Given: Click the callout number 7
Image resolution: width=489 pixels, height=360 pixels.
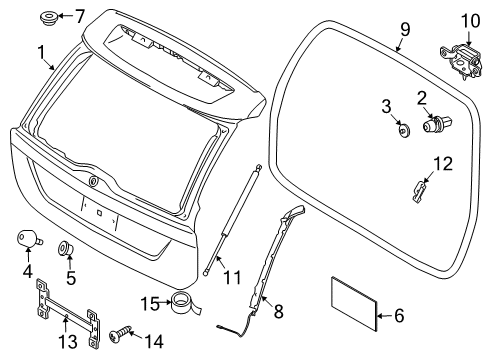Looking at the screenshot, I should pos(81,15).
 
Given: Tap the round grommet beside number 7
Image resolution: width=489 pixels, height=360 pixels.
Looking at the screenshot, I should pos(48,16).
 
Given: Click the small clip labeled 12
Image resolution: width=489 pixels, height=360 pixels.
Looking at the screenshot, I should pos(421,188).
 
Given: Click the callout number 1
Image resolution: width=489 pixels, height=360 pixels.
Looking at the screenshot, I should pos(41,51).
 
